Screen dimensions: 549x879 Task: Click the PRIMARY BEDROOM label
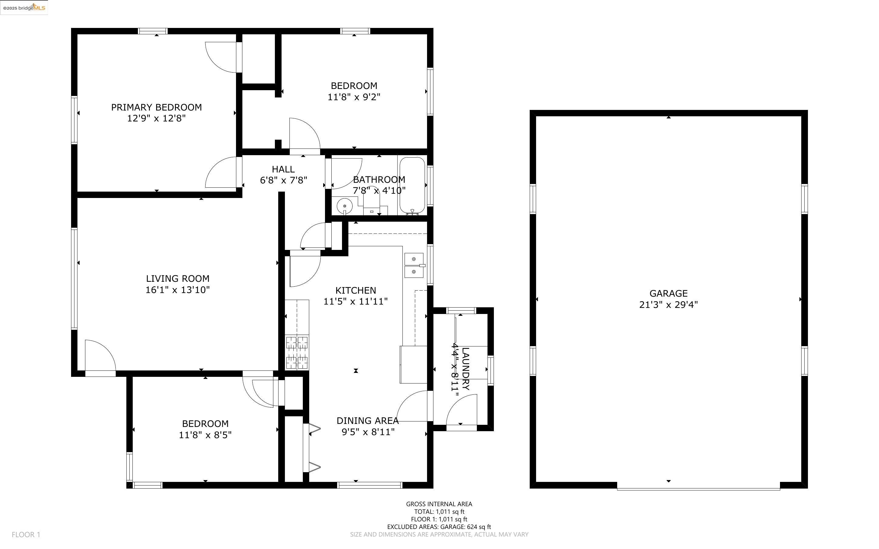pyautogui.click(x=156, y=107)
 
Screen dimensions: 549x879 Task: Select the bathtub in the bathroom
pyautogui.click(x=412, y=185)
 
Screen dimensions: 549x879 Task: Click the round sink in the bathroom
pyautogui.click(x=344, y=206)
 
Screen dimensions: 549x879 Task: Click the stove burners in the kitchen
pyautogui.click(x=297, y=352)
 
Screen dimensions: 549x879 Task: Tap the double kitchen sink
pyautogui.click(x=414, y=265)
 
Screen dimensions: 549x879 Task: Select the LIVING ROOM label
pyautogui.click(x=178, y=278)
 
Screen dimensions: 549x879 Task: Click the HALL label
pyautogui.click(x=283, y=169)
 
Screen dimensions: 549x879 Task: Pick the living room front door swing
pyautogui.click(x=100, y=356)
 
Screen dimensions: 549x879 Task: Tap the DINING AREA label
pyautogui.click(x=368, y=421)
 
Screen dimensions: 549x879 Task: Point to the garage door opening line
pyautogui.click(x=698, y=489)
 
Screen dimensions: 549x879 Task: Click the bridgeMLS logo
pyautogui.click(x=24, y=7)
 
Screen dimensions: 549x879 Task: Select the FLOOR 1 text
pyautogui.click(x=26, y=534)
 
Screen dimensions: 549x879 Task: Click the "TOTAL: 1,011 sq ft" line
pyautogui.click(x=439, y=512)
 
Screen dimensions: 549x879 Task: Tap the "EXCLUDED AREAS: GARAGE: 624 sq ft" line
pyautogui.click(x=439, y=527)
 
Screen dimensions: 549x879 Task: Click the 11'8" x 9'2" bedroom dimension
pyautogui.click(x=354, y=97)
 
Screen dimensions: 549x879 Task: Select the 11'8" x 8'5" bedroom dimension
pyautogui.click(x=205, y=435)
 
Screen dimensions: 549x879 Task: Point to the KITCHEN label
pyautogui.click(x=355, y=290)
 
